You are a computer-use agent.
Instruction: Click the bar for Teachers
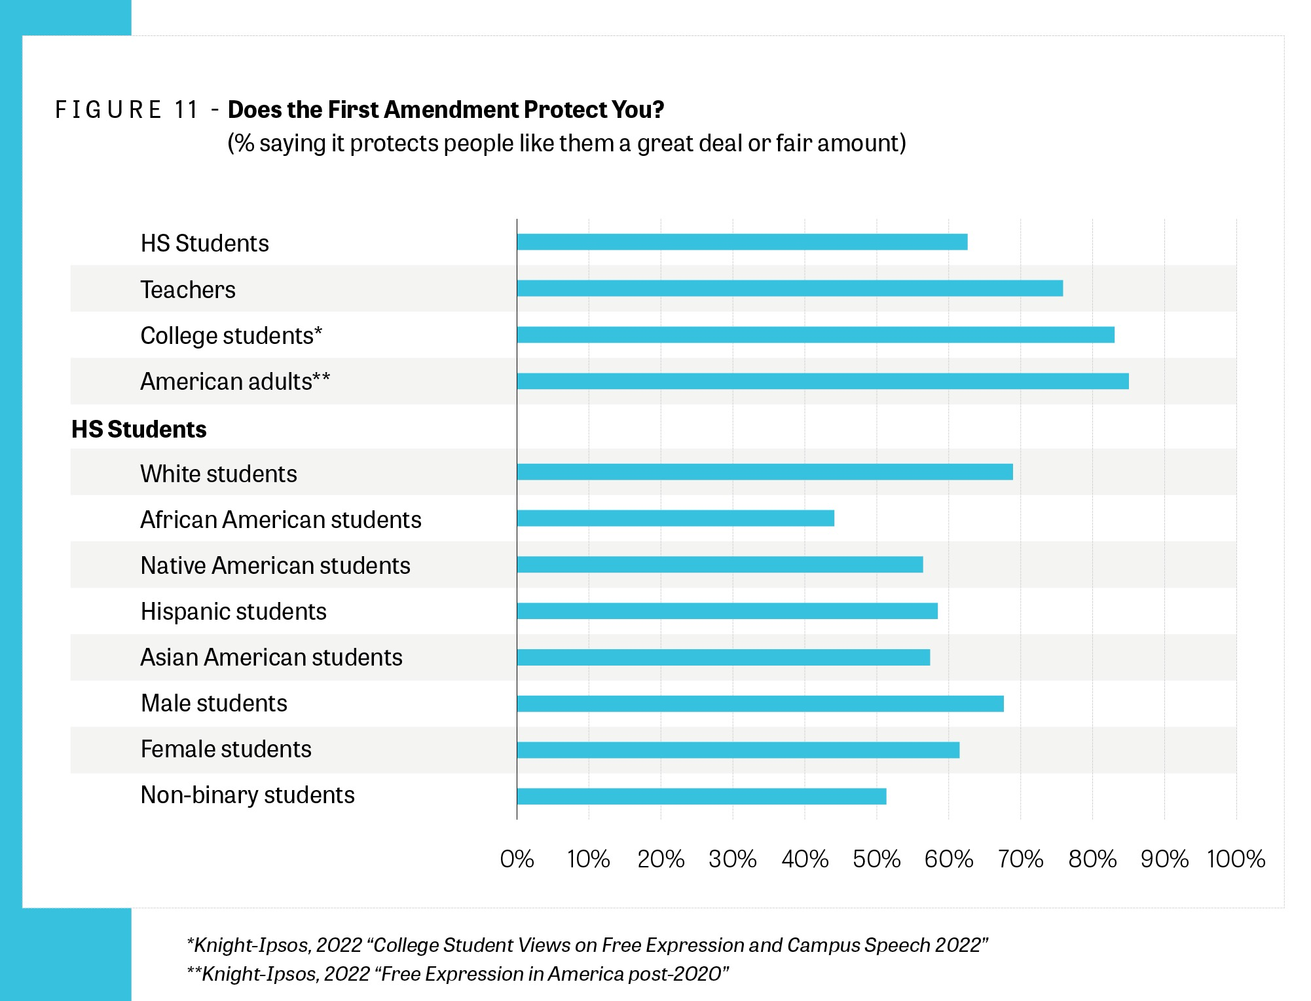click(789, 288)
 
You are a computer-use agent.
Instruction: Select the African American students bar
click(675, 519)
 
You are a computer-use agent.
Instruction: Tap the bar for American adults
click(822, 381)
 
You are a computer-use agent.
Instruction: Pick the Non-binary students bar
click(701, 796)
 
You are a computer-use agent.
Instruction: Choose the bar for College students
click(815, 335)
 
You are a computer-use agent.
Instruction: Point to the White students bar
click(764, 472)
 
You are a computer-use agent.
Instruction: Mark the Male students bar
click(760, 704)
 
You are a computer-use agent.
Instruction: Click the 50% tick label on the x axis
click(876, 859)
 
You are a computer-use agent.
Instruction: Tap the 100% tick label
click(1236, 859)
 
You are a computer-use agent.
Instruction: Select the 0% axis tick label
click(517, 859)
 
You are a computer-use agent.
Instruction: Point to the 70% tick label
click(1020, 859)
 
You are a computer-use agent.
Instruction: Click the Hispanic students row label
click(233, 611)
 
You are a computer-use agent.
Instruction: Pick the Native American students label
click(275, 565)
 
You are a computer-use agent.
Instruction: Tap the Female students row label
click(226, 749)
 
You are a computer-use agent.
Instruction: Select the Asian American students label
click(271, 657)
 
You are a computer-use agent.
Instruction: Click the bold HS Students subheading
click(139, 429)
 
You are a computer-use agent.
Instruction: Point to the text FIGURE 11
click(127, 109)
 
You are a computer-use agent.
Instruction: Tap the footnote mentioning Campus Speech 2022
click(587, 945)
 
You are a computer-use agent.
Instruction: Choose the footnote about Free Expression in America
click(458, 974)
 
